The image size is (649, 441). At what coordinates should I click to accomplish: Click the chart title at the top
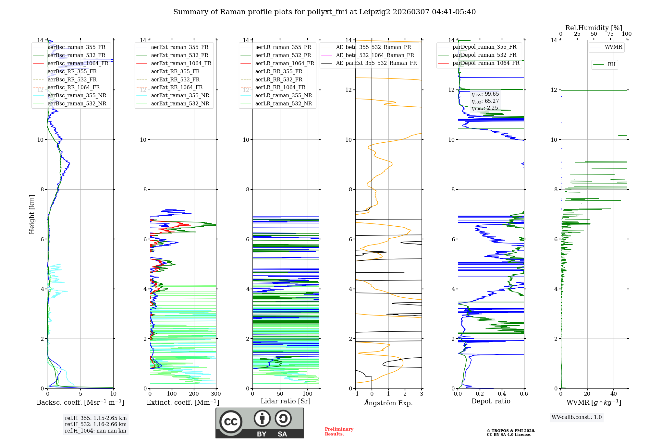(324, 12)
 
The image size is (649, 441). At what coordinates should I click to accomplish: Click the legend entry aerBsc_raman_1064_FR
(78, 63)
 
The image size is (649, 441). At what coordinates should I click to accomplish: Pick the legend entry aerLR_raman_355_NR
(283, 95)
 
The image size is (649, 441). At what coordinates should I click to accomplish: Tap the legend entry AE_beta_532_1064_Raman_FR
(375, 55)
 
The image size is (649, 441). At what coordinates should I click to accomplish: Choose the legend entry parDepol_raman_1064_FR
(486, 63)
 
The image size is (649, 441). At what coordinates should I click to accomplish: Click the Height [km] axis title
(32, 214)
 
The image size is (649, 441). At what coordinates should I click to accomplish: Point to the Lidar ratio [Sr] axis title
(286, 401)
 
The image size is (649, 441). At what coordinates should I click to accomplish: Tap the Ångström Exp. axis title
(388, 403)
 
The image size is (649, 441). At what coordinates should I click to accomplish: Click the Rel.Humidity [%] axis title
(594, 28)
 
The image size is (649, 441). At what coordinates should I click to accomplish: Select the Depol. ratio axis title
(491, 401)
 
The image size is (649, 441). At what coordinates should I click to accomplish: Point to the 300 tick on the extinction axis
(216, 394)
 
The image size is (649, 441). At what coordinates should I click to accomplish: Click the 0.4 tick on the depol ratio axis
(502, 394)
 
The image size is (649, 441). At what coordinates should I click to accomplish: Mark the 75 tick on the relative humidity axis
(610, 34)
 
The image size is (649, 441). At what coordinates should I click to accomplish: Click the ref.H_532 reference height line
(96, 424)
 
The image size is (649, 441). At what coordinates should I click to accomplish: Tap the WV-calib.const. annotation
(577, 417)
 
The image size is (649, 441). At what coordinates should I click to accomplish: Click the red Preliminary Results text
(339, 432)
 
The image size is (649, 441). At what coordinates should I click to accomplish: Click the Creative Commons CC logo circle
(231, 422)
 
